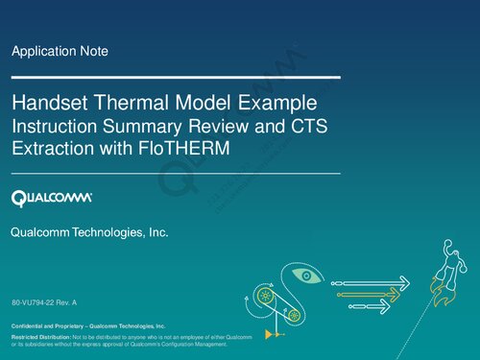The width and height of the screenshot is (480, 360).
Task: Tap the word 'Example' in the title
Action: (280, 103)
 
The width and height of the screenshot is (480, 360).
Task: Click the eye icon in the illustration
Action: (306, 276)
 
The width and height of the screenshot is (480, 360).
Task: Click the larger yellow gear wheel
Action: (263, 297)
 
